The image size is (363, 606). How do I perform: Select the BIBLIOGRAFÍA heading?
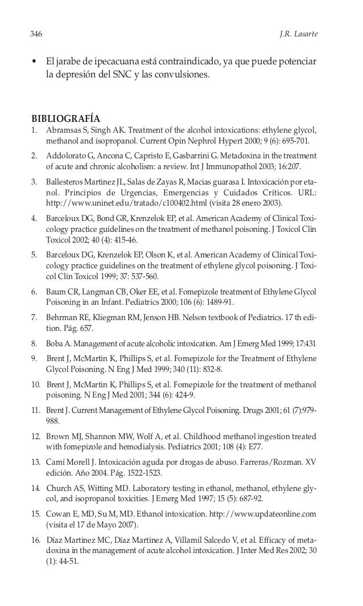[65, 118]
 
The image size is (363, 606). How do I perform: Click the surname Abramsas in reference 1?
[63, 130]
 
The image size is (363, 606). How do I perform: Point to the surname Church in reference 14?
[59, 488]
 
